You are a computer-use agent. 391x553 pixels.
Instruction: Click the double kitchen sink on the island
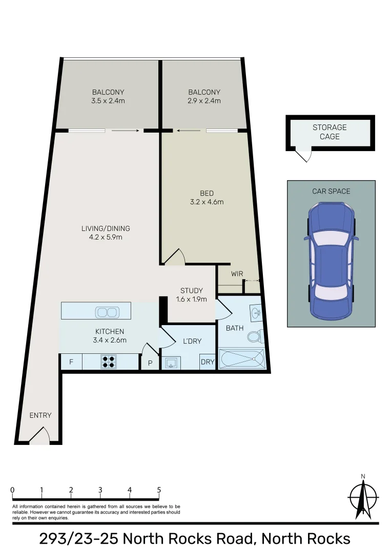click(107, 312)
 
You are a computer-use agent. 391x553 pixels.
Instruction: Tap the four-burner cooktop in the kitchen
click(108, 362)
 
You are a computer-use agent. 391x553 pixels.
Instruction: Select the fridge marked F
click(71, 362)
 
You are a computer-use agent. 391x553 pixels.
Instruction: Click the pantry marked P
click(150, 363)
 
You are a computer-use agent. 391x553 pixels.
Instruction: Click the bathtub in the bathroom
click(242, 359)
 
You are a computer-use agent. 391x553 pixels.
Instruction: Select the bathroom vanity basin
click(256, 312)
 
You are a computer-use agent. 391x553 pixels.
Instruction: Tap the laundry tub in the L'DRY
click(171, 363)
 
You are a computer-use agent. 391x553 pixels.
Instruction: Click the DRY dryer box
click(208, 363)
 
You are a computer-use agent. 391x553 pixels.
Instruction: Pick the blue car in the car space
click(331, 260)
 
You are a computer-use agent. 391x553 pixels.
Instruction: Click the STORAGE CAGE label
click(330, 132)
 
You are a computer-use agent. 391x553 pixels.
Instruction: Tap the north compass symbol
click(363, 497)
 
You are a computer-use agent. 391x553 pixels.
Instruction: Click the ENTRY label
click(40, 415)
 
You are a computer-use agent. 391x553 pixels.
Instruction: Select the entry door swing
click(39, 436)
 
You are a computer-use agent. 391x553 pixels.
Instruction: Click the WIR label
click(237, 274)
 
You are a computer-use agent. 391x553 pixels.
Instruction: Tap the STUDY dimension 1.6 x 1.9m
click(191, 299)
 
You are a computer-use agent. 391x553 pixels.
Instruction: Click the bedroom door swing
click(174, 257)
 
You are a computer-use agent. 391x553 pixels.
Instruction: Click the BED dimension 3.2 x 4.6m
click(207, 202)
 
